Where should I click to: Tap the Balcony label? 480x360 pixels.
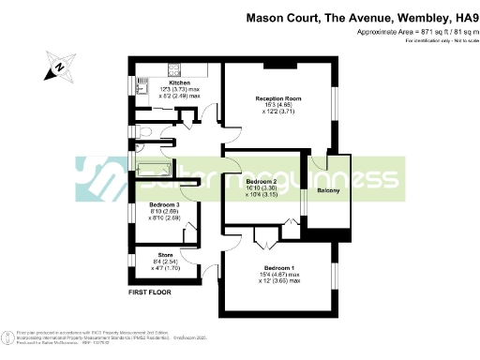click(327, 192)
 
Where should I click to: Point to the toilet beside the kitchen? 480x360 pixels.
click(142, 132)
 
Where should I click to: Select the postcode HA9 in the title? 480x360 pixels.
click(460, 17)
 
